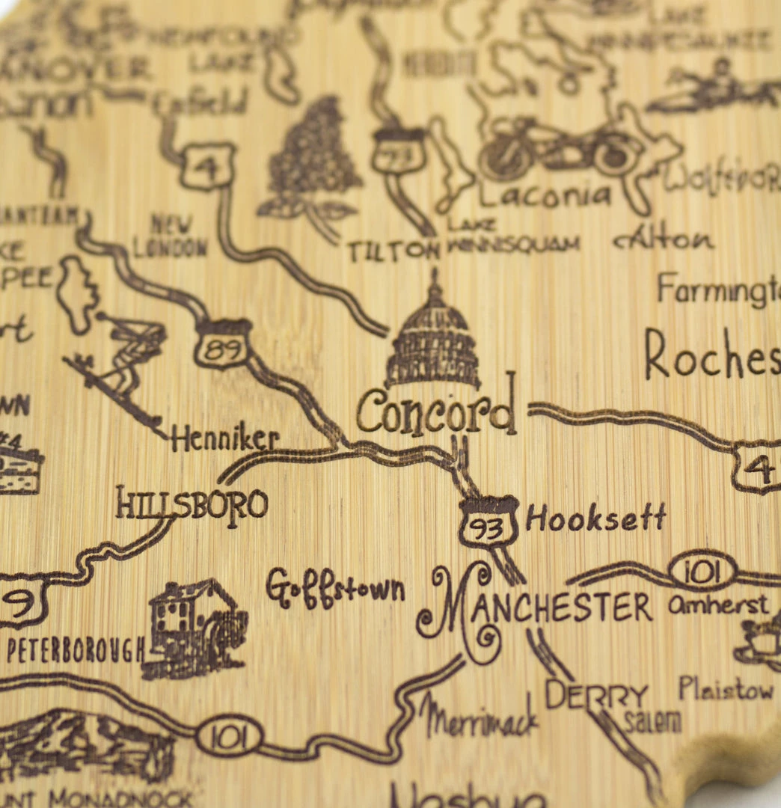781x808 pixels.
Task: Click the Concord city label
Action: (436, 412)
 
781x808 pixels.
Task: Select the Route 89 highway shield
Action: (223, 346)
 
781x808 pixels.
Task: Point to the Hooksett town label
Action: (595, 518)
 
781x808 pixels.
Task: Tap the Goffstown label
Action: (334, 588)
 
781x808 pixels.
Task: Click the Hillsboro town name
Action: (192, 504)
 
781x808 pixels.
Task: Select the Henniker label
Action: (225, 439)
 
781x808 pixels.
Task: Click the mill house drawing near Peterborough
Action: (195, 626)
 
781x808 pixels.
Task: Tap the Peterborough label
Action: (75, 649)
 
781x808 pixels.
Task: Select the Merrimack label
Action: (479, 717)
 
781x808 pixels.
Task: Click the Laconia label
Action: (545, 195)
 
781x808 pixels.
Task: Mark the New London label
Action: (171, 235)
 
